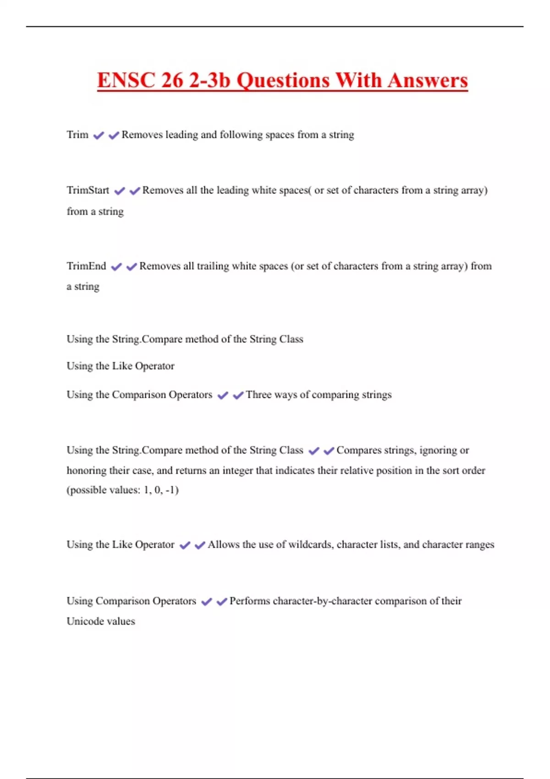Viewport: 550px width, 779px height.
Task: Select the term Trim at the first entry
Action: [77, 135]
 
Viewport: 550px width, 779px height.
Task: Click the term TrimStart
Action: [88, 190]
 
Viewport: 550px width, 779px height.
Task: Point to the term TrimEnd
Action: [86, 266]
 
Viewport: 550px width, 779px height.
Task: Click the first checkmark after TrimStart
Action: [120, 191]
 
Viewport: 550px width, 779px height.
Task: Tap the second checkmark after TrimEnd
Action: [132, 267]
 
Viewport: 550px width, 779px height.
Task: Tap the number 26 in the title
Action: [172, 80]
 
